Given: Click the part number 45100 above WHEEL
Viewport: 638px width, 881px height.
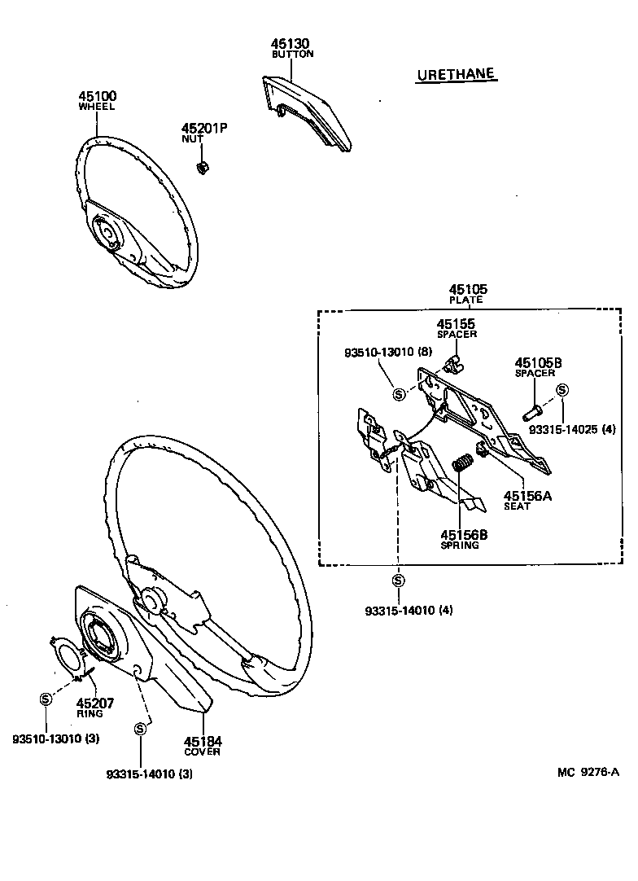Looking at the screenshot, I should coord(97,95).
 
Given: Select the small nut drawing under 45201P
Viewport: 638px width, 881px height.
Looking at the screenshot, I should coord(203,168).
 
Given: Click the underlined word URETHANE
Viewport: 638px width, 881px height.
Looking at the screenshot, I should coord(456,75).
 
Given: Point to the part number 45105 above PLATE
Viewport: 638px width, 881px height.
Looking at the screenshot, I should coord(468,288).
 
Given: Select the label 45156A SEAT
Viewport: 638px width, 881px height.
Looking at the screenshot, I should coord(527,500).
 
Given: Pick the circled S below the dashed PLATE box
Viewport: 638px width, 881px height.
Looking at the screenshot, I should coord(398,581).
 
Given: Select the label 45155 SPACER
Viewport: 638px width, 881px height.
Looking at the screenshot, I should coord(457,328).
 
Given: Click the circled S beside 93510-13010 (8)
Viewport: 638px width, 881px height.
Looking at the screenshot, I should coord(399,394).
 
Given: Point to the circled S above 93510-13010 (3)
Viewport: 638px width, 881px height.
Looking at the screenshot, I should coord(46,699).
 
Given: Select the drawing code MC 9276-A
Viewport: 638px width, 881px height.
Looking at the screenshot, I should coord(588,772).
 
